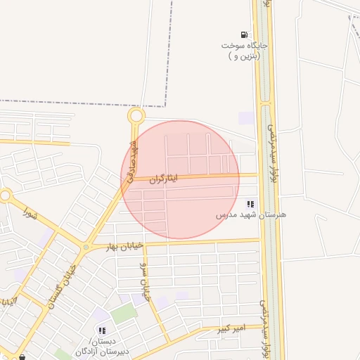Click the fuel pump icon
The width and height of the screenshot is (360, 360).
pos(244,34)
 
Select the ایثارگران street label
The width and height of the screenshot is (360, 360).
pos(163,179)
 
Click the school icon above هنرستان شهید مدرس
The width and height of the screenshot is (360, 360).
pos(251,204)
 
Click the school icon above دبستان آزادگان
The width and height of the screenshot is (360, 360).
pos(102,330)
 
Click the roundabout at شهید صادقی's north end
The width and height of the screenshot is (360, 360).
pos(136,116)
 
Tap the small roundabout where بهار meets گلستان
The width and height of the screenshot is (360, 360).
pos(86,247)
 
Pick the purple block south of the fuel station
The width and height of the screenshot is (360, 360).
pos(246,117)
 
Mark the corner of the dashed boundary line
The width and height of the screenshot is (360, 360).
pos(166,106)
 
